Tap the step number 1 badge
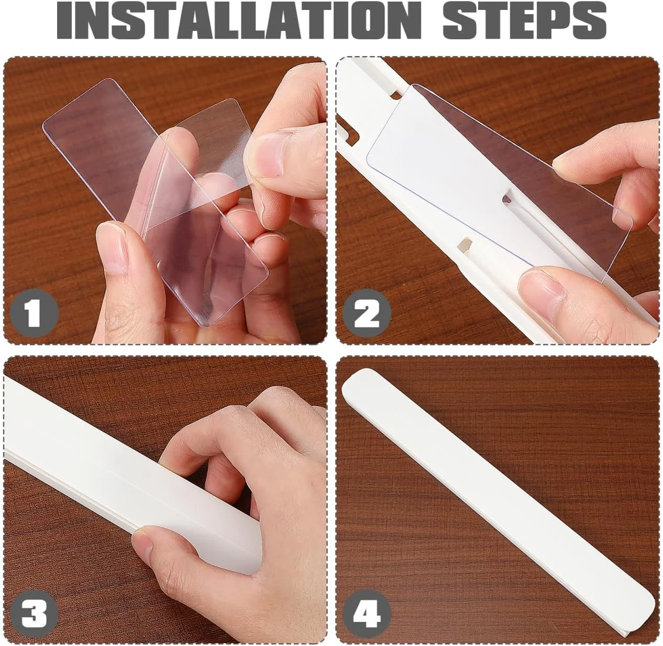[34, 313]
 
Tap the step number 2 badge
[367, 313]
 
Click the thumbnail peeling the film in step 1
[268, 157]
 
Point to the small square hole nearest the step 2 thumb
[465, 245]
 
